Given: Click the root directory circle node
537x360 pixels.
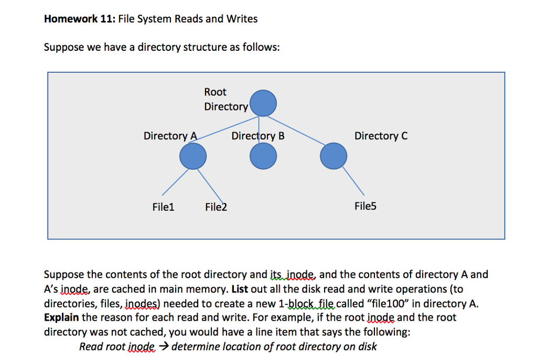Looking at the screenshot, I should point(263,103).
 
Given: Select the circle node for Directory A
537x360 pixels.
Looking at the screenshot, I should point(192,156).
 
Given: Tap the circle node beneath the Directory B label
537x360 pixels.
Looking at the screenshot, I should point(263,156).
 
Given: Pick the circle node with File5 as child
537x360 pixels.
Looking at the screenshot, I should point(334,156).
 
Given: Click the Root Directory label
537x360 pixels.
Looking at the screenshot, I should point(225,99).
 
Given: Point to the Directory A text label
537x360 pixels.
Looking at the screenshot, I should point(170,136).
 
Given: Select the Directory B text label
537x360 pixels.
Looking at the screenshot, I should point(258,136).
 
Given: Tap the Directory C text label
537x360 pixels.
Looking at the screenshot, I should point(381,136).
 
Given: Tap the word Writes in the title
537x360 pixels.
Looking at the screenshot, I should point(242,19).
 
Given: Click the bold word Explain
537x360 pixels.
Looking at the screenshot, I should point(62,318).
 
